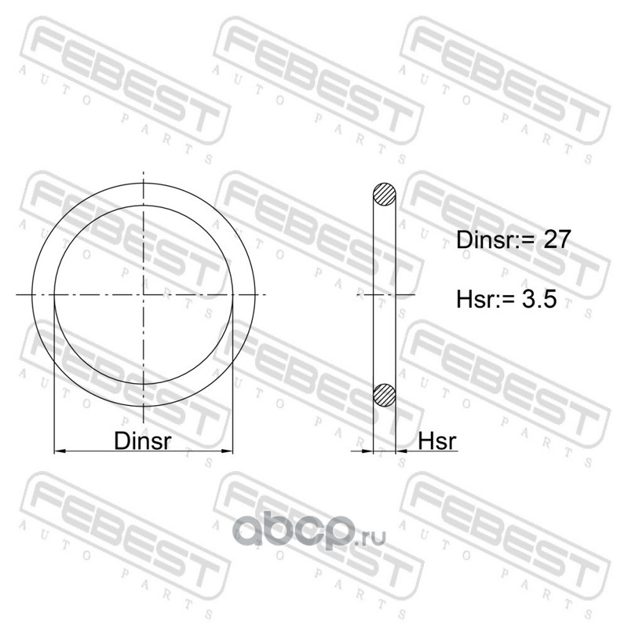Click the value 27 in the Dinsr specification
(x=556, y=240)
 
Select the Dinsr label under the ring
(x=143, y=441)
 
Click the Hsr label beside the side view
(x=437, y=441)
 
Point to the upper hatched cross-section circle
(x=384, y=195)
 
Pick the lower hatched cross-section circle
(x=384, y=395)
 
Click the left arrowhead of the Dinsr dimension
(x=60, y=451)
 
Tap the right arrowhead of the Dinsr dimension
(x=227, y=451)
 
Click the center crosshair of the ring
(x=144, y=295)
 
